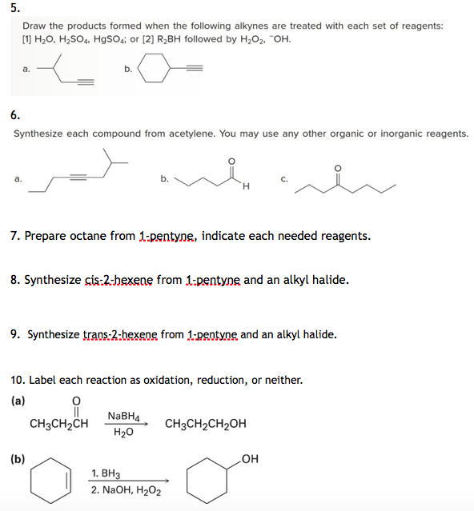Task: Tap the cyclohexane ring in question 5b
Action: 155,69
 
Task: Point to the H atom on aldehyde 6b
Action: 246,187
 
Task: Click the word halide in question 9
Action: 319,334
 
